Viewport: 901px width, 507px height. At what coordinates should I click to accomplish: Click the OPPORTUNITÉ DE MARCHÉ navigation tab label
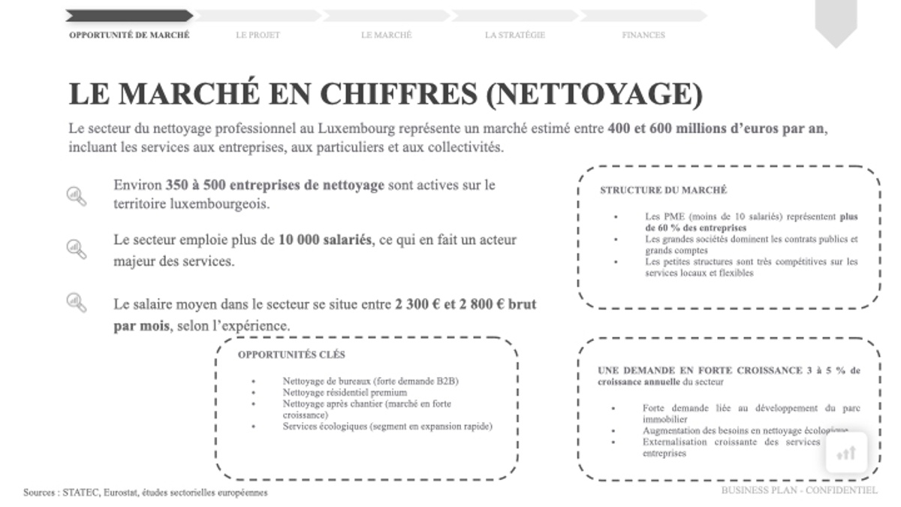(129, 35)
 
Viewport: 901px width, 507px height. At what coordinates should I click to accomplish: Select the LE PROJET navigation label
(258, 35)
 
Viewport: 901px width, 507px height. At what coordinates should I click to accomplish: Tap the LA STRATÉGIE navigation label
(515, 35)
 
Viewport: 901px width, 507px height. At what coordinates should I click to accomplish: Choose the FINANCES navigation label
(643, 35)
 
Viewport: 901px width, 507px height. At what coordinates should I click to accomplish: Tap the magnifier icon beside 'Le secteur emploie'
(77, 248)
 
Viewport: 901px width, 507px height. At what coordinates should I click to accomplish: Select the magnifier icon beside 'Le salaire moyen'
(77, 302)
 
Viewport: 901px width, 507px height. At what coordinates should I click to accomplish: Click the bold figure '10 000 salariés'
(324, 240)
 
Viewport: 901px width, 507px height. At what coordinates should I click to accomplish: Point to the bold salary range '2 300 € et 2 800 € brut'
(466, 305)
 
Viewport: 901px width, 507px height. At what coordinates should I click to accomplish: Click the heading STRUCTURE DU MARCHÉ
(663, 191)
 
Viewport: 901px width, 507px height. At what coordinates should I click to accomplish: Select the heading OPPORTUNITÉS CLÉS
(291, 355)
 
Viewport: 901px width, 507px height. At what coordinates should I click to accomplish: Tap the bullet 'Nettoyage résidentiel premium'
(345, 392)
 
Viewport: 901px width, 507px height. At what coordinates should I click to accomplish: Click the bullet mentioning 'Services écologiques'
(387, 426)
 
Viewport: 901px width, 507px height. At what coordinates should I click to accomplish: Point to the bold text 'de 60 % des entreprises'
(696, 228)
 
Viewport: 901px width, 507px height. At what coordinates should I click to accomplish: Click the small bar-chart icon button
(846, 453)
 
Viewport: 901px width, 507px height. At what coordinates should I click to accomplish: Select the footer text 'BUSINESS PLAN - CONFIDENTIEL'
(799, 490)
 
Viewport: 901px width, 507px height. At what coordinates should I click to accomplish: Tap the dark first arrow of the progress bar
(128, 15)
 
